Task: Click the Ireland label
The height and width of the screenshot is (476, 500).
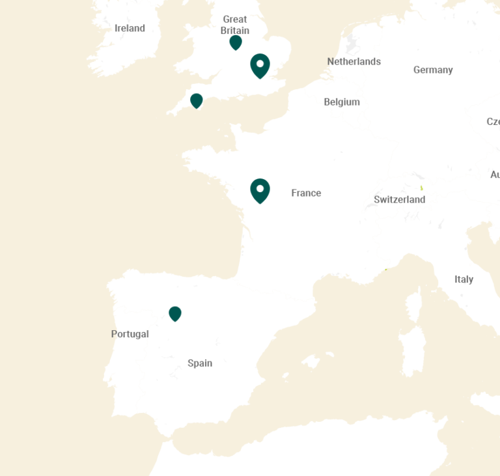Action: coord(130,28)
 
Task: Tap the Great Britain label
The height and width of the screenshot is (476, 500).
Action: coord(234,25)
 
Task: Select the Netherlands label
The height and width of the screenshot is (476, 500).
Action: coord(354,62)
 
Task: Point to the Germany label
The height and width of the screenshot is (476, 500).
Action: coord(433,70)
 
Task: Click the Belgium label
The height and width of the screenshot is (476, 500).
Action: coord(342,102)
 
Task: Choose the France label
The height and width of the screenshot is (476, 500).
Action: coord(306,193)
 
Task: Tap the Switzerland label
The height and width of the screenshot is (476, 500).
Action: coord(399,199)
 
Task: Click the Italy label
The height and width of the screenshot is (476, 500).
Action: coord(464,279)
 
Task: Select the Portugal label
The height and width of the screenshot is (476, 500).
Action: coord(130,334)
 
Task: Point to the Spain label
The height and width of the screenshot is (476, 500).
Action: coord(200,363)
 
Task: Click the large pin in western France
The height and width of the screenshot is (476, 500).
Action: coord(260,190)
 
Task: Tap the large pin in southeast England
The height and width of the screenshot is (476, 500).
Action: coord(260,65)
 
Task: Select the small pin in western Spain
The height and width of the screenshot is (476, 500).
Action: coord(174,314)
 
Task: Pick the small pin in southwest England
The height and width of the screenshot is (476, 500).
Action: coord(196,100)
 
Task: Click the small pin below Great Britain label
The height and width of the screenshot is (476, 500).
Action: coord(236,42)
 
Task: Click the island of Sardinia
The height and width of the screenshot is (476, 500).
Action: coord(411,352)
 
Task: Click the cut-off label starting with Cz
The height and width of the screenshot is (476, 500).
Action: coord(493,122)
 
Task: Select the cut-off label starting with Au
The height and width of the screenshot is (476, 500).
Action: coord(495,175)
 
